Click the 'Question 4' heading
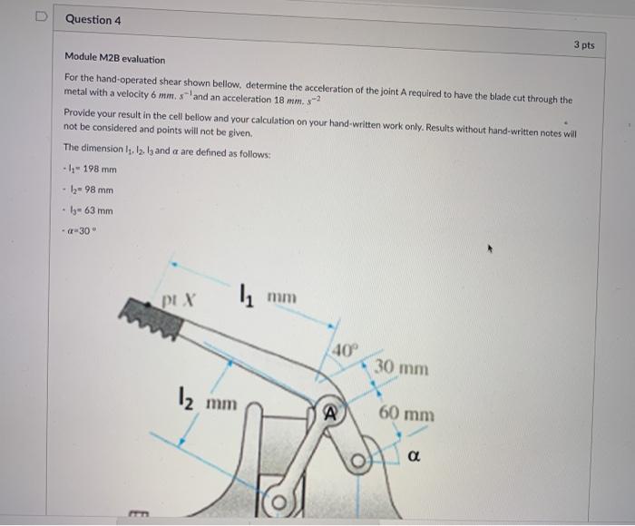point(93,19)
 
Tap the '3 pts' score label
point(584,44)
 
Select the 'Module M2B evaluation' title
point(115,60)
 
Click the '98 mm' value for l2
point(96,190)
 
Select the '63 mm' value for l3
point(95,210)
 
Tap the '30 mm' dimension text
point(400,369)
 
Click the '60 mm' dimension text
point(406,414)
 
